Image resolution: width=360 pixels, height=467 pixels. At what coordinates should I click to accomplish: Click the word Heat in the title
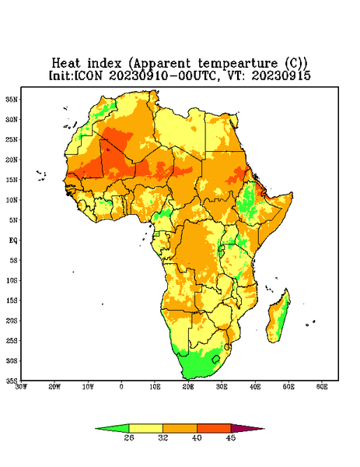(x=66, y=64)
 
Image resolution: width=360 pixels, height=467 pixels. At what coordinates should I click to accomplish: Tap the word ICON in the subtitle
(x=88, y=75)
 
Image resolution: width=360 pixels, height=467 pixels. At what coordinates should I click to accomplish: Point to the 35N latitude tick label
(x=12, y=99)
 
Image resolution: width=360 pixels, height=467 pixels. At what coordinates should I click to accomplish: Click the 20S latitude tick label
(x=12, y=321)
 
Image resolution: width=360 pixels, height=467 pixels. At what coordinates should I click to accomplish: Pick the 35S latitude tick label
(x=12, y=381)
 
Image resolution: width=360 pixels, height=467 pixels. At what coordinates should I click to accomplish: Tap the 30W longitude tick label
(x=21, y=387)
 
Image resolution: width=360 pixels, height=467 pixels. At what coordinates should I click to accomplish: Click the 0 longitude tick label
(x=121, y=387)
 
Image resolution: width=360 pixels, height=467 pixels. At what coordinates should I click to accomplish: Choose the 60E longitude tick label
(x=322, y=387)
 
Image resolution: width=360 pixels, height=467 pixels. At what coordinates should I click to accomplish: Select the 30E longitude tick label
(x=222, y=387)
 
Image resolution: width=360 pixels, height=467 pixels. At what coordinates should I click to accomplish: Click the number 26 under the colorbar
(x=129, y=437)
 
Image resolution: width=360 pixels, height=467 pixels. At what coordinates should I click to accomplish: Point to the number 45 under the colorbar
(x=231, y=437)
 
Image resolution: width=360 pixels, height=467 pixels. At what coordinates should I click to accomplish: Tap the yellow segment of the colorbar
(x=145, y=429)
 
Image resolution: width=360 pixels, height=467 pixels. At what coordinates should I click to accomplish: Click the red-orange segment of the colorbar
(x=214, y=429)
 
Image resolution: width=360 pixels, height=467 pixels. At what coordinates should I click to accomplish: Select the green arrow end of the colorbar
(x=112, y=429)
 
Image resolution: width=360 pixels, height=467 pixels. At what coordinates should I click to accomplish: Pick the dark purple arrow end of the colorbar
(x=247, y=429)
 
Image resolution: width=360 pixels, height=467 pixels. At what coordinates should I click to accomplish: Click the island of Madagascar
(x=278, y=318)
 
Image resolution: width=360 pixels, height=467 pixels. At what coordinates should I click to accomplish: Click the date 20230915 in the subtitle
(x=281, y=75)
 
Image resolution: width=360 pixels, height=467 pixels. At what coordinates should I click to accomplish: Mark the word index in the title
(x=105, y=64)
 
